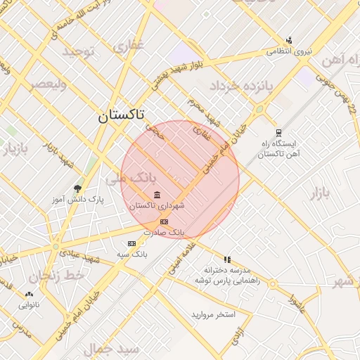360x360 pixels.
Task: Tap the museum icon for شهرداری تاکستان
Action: pos(156,195)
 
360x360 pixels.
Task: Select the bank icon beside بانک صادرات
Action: pos(165,221)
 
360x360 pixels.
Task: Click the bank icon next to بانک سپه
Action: pos(131,243)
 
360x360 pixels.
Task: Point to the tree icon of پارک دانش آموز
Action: pos(77,188)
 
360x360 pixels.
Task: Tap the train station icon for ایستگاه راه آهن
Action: pos(279,132)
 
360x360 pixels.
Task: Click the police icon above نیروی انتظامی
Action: pos(289,41)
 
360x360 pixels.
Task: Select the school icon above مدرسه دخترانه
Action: pos(227,259)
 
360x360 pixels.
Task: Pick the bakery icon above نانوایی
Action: pos(29,295)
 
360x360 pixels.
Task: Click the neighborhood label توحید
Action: pos(77,52)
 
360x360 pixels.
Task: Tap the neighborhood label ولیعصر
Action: pos(48,84)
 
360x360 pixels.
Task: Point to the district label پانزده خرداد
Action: pos(240,86)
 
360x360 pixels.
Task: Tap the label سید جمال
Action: pos(112,349)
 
